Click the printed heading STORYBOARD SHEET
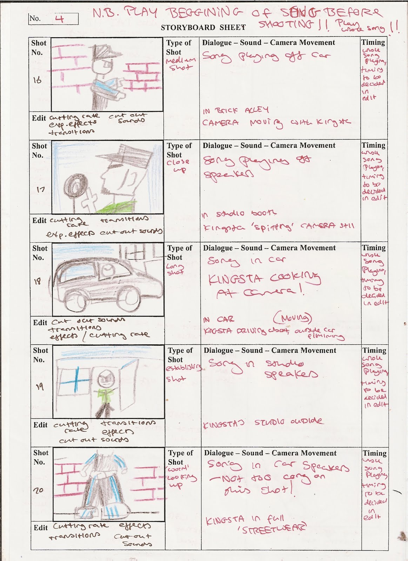tap(203, 27)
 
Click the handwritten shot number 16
tap(37, 81)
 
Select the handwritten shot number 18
tap(38, 281)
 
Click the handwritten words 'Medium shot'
tap(180, 64)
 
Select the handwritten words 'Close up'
tap(178, 166)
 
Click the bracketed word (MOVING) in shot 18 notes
tap(292, 318)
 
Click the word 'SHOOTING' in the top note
tap(285, 24)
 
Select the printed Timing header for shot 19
tap(374, 350)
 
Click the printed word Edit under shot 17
tap(39, 221)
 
